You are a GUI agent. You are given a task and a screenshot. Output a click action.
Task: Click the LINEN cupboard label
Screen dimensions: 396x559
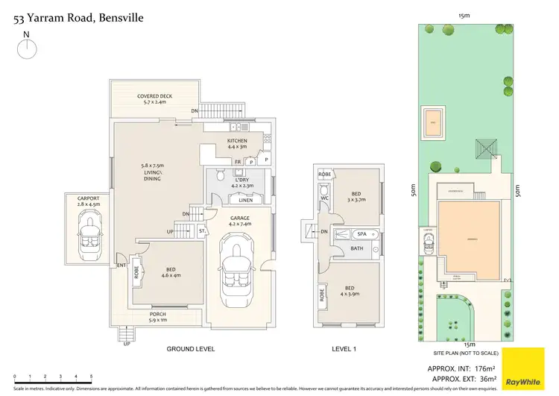[242, 200]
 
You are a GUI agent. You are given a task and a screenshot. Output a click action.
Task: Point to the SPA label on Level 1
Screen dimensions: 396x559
[359, 234]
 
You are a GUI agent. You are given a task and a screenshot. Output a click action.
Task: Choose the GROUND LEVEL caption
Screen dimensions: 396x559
[190, 348]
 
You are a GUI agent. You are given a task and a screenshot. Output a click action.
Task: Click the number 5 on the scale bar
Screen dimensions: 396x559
[92, 377]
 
